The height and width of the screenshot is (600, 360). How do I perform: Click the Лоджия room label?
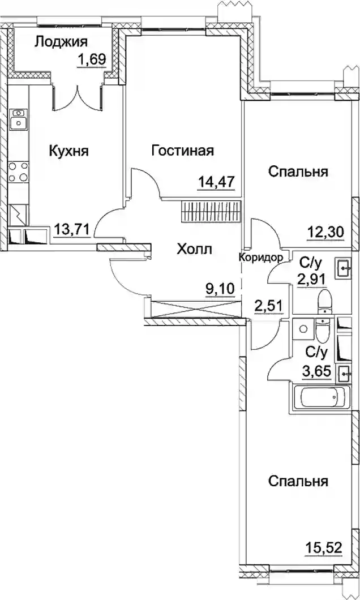pos(61,42)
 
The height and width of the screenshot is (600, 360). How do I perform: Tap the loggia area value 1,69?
pos(91,59)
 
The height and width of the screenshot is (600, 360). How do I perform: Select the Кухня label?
pos(69,151)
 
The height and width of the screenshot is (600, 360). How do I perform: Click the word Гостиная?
pos(182,151)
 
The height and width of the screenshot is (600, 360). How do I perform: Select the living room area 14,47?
pos(216,180)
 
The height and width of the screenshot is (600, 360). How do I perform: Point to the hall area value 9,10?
pos(220,288)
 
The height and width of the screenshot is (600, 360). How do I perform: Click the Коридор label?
pos(261,258)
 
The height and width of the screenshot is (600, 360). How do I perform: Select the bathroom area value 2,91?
pos(312,278)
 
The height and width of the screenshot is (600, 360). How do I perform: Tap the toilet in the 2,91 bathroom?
pos(324,301)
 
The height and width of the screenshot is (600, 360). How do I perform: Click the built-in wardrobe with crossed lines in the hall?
pos(196,309)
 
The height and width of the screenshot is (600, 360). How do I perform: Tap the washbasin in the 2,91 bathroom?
pos(343,268)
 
